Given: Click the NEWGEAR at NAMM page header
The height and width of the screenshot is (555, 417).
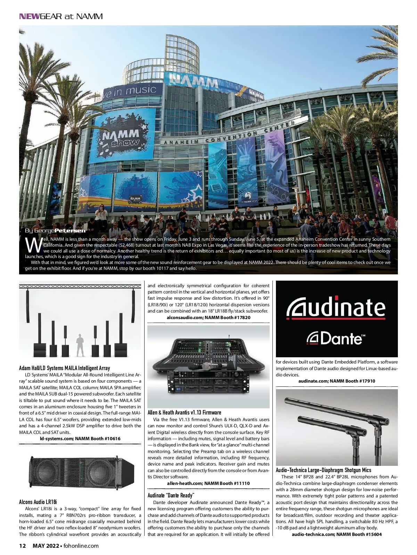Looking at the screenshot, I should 61,16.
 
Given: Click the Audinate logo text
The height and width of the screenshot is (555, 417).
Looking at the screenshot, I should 336,308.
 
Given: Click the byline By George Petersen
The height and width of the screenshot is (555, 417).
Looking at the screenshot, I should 55,231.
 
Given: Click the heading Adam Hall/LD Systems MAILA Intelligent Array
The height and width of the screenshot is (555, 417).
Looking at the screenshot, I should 64,368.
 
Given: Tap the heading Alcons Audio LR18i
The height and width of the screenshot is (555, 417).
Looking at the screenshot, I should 38,502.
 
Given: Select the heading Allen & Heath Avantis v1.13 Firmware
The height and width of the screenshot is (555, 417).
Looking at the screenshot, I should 184,412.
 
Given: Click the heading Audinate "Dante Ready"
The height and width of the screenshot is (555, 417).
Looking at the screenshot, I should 171,495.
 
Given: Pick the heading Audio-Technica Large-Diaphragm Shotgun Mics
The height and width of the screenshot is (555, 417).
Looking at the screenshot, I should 323,470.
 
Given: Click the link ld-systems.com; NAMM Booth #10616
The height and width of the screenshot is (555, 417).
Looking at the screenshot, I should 80,438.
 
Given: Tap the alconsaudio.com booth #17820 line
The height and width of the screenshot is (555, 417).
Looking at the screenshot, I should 208,317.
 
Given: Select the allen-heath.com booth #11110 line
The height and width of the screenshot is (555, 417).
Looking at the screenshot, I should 208,483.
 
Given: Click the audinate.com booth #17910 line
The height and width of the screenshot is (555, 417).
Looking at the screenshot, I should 337,381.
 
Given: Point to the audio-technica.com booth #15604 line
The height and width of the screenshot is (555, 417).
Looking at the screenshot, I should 337,534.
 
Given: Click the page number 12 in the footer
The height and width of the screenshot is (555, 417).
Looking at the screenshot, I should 23,546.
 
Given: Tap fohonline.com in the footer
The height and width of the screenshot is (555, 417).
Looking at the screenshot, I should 81,546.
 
